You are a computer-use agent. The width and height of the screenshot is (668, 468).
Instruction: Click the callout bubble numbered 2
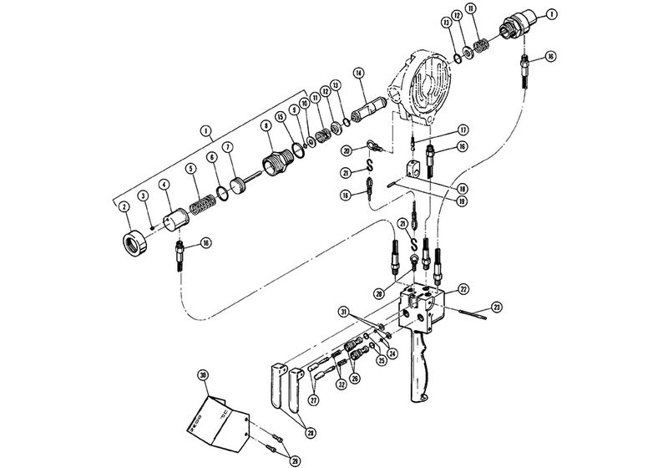click(123, 206)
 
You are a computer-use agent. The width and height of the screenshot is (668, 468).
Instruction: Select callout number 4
click(164, 185)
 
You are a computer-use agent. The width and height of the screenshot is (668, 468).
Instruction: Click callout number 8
click(266, 126)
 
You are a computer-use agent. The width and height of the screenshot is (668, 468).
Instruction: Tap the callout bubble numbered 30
click(203, 374)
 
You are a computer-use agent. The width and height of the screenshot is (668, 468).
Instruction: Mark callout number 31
click(342, 313)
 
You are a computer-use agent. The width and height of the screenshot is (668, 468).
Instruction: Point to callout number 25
click(382, 360)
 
